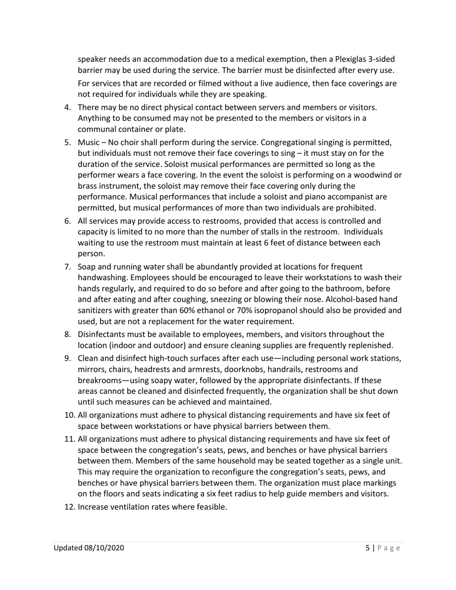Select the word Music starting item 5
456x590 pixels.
pyautogui.click(x=89, y=142)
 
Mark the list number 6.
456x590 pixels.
pyautogui.click(x=67, y=221)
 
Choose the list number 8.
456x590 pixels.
pyautogui.click(x=67, y=334)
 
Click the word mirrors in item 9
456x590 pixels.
pyautogui.click(x=92, y=369)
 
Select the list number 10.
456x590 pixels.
pyautogui.click(x=70, y=415)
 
